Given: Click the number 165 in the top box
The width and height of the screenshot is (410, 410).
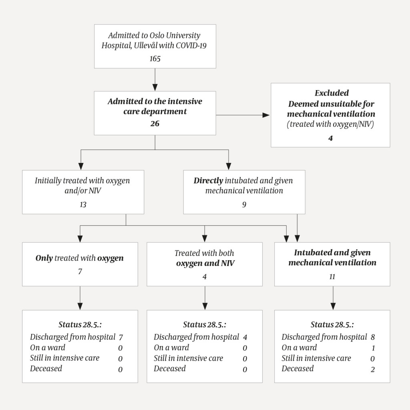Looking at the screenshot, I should pyautogui.click(x=155, y=59).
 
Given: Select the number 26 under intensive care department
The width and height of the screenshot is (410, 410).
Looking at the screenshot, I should pyautogui.click(x=155, y=124).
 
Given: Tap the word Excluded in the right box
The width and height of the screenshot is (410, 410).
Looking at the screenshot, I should pyautogui.click(x=331, y=93).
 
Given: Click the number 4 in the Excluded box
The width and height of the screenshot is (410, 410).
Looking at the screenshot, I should pyautogui.click(x=330, y=138).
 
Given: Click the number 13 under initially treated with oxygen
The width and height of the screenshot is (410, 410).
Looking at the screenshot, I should pyautogui.click(x=83, y=205).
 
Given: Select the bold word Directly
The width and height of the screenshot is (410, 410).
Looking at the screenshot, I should pyautogui.click(x=208, y=181).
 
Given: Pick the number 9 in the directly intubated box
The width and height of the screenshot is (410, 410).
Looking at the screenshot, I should pyautogui.click(x=244, y=205).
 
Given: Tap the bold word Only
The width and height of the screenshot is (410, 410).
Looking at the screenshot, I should pyautogui.click(x=44, y=258).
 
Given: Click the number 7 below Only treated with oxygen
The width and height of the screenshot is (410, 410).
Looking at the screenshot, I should pyautogui.click(x=80, y=271).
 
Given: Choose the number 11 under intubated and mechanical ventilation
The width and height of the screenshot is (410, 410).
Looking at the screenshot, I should pyautogui.click(x=332, y=277).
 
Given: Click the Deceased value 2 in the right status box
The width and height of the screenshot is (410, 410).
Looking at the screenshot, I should pyautogui.click(x=372, y=369).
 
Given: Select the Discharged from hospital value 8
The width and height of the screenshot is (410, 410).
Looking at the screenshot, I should pyautogui.click(x=372, y=337).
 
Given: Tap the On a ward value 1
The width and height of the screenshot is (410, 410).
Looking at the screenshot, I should pyautogui.click(x=372, y=348).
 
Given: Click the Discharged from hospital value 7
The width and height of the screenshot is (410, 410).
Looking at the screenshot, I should pyautogui.click(x=121, y=337).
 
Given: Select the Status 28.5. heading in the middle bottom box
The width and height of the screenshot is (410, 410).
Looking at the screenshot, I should pyautogui.click(x=204, y=324).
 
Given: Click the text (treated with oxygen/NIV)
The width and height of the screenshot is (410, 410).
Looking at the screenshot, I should pyautogui.click(x=330, y=124).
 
